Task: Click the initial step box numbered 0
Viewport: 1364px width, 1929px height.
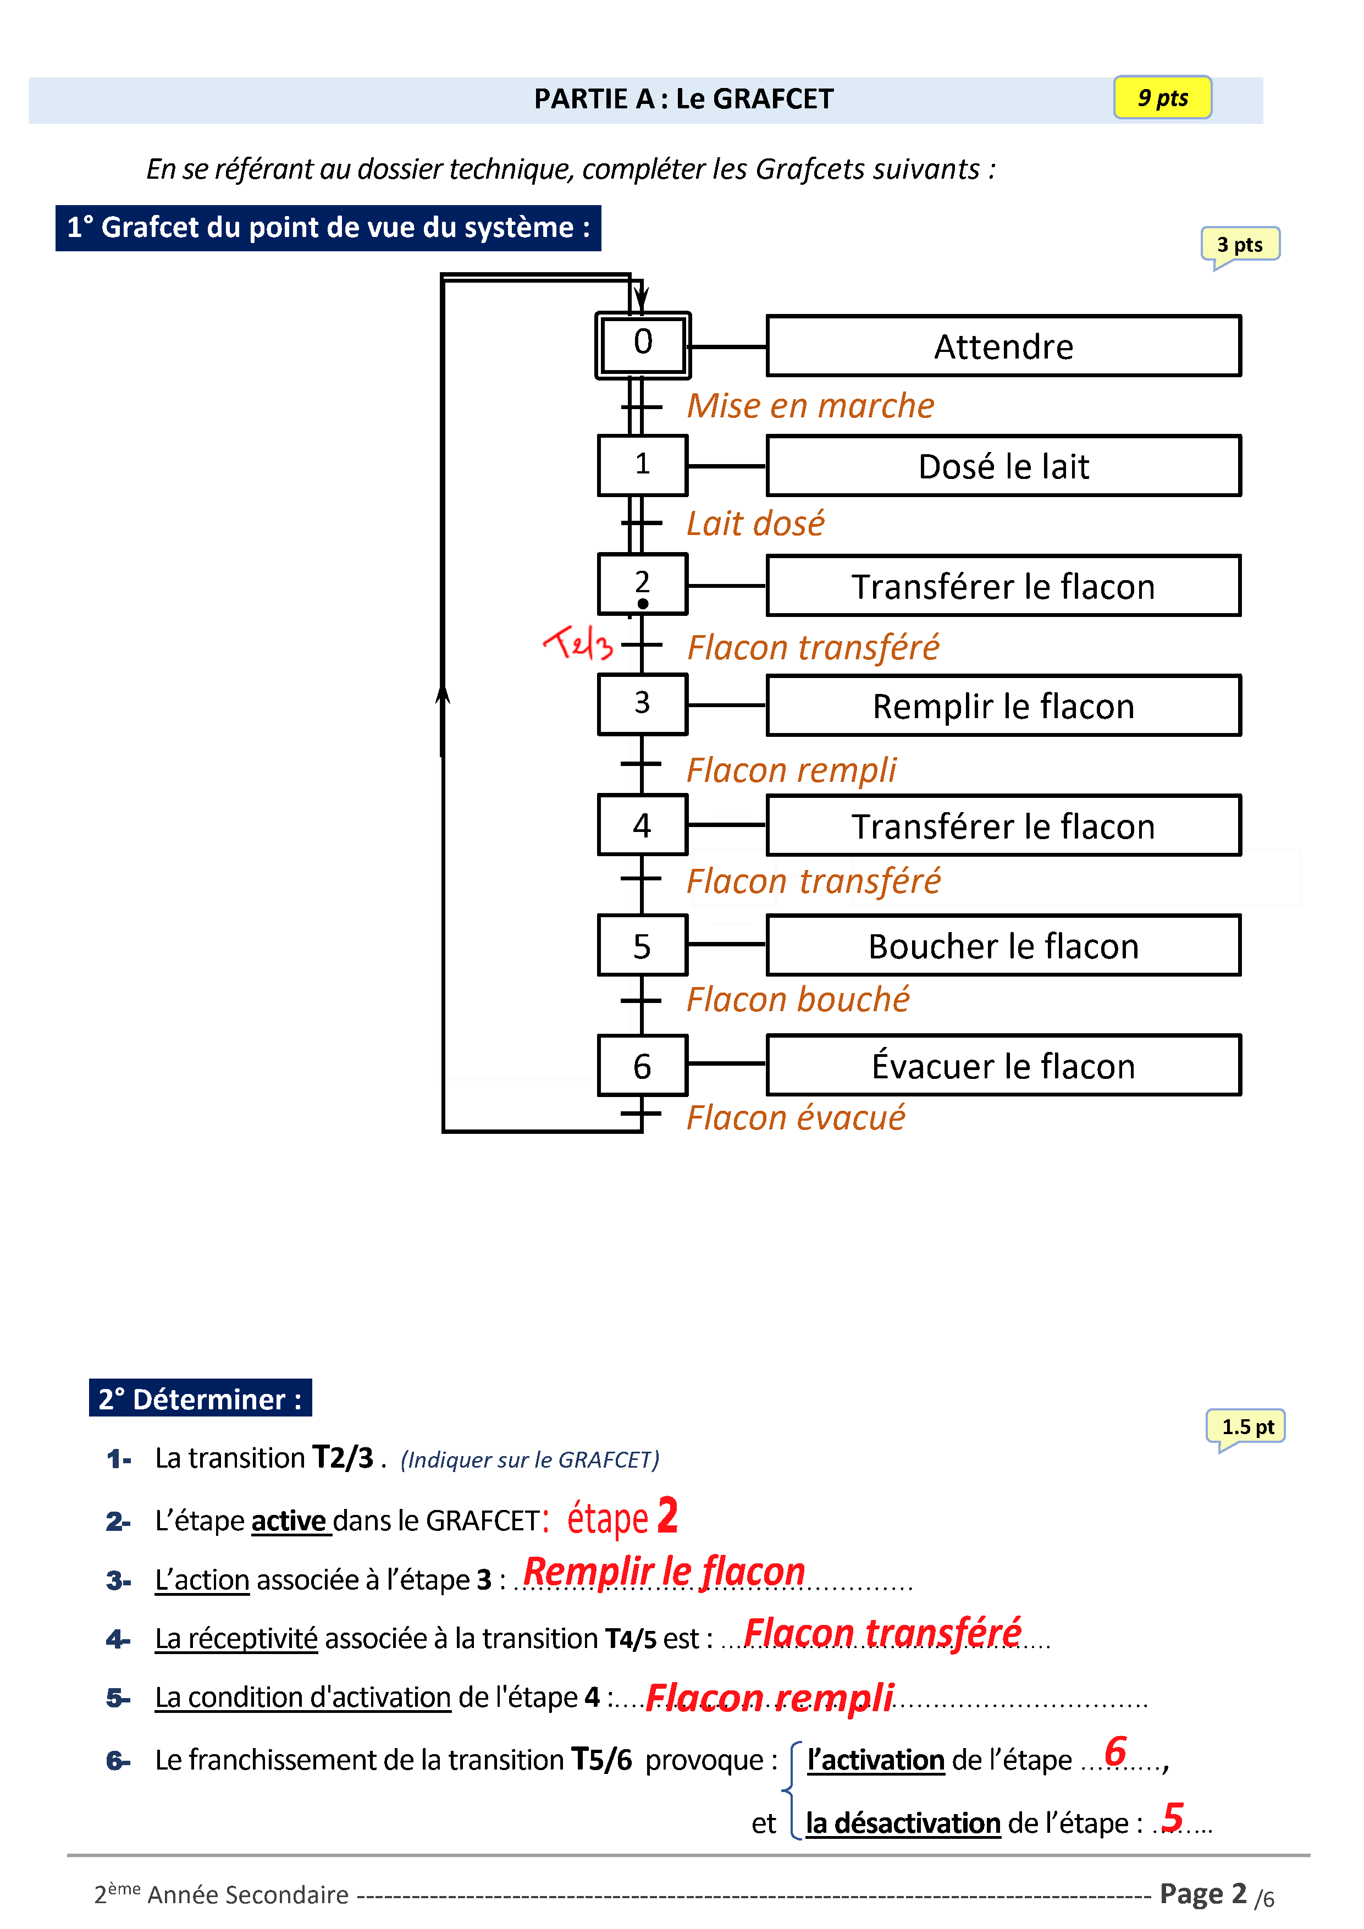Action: coord(643,344)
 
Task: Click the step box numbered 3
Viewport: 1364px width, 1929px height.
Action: coord(643,704)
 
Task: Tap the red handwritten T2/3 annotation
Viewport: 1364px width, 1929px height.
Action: coord(578,643)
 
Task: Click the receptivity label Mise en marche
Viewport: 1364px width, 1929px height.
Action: coord(810,406)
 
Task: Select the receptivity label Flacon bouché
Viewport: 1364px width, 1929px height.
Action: coord(797,1000)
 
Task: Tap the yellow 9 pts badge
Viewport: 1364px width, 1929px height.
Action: coord(1162,97)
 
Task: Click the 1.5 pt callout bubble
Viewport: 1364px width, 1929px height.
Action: coord(1246,1426)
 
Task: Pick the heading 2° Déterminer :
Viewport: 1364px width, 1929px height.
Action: coord(200,1399)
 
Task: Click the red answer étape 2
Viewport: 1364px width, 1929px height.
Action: coord(622,1517)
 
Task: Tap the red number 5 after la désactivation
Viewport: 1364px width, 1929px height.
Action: coord(1173,1816)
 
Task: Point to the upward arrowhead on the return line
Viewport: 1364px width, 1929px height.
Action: coord(443,694)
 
